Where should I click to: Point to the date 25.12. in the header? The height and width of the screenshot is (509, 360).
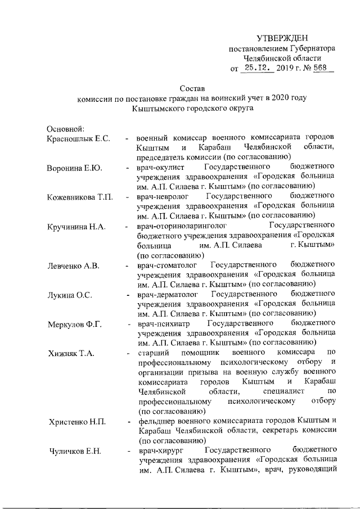point(256,68)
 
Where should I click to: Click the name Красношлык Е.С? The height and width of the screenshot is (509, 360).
point(78,138)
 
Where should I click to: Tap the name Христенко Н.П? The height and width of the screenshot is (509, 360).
point(76,421)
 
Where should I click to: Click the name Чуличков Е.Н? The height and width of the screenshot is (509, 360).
point(74,451)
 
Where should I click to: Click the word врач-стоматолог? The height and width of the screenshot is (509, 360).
point(165,265)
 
